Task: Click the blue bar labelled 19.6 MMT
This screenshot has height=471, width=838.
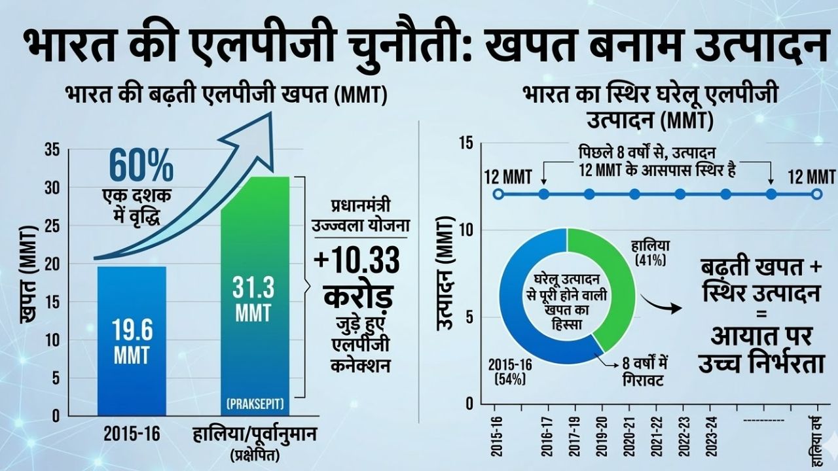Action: click(132, 340)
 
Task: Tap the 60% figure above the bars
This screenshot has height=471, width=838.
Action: click(141, 167)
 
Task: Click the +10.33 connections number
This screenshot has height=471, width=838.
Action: click(357, 262)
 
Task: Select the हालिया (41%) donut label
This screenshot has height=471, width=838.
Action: click(651, 251)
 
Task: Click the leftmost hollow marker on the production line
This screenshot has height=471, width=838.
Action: click(498, 194)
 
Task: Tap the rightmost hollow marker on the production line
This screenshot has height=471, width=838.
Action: click(816, 194)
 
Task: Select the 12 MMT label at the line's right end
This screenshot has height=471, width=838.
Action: click(811, 177)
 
